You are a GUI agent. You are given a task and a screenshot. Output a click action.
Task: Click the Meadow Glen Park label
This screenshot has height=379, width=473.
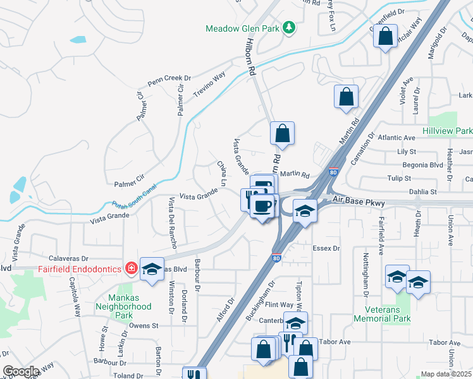(243, 28)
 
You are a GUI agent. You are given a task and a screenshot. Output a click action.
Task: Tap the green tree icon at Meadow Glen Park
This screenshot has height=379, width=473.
(288, 27)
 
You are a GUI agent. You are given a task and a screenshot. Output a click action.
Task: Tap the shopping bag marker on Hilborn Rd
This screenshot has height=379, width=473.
(282, 133)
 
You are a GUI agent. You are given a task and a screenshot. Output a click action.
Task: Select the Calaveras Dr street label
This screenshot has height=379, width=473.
(68, 258)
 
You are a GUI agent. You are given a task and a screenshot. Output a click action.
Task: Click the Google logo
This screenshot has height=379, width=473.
(21, 372)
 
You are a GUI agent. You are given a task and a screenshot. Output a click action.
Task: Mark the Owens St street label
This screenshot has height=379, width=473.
(143, 325)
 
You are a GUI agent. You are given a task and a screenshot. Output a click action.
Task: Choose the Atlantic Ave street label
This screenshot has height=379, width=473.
(396, 137)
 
